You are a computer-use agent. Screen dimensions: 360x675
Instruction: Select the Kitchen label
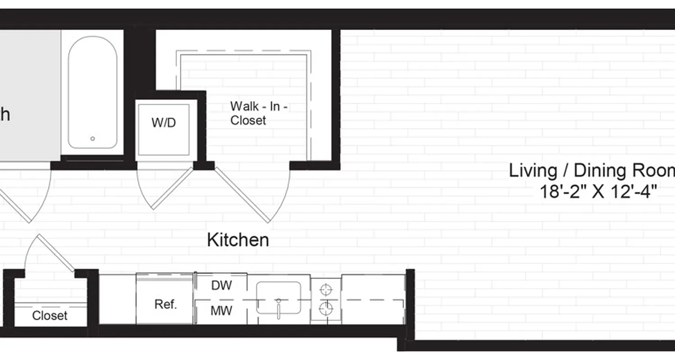(x=238, y=240)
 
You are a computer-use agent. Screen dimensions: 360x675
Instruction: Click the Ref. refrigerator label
(x=165, y=304)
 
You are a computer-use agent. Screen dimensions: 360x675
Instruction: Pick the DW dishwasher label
(x=221, y=286)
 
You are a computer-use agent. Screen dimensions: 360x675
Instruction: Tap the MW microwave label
(x=221, y=310)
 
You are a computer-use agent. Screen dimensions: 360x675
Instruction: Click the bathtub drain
(x=93, y=139)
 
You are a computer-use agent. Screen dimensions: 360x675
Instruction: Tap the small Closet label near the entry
(x=49, y=316)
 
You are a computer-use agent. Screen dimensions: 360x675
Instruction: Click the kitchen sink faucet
(x=279, y=307)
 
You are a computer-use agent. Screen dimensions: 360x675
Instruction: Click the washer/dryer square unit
(x=166, y=128)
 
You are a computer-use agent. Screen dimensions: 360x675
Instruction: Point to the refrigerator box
(x=165, y=299)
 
